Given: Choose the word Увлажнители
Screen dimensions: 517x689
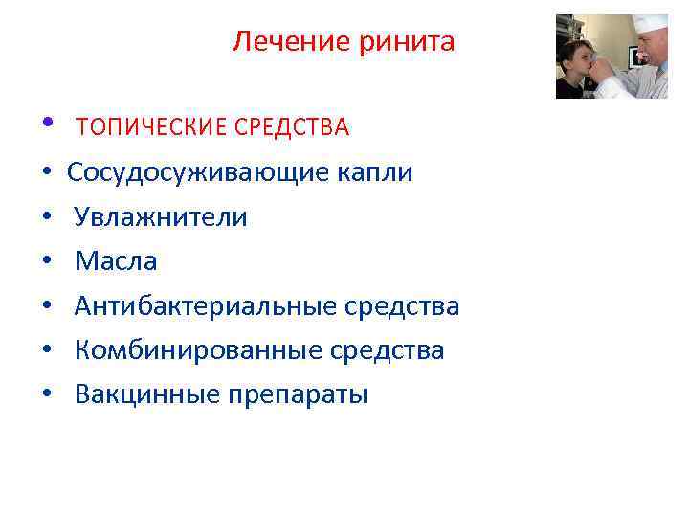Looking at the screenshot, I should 161,217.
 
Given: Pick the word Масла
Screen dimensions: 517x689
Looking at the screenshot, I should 116,261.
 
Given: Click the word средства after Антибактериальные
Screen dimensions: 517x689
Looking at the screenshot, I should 403,306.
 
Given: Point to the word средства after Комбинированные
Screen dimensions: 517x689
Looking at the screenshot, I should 388,350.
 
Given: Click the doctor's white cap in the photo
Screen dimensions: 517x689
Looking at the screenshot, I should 650,24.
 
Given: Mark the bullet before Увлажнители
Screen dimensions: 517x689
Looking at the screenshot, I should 47,218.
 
